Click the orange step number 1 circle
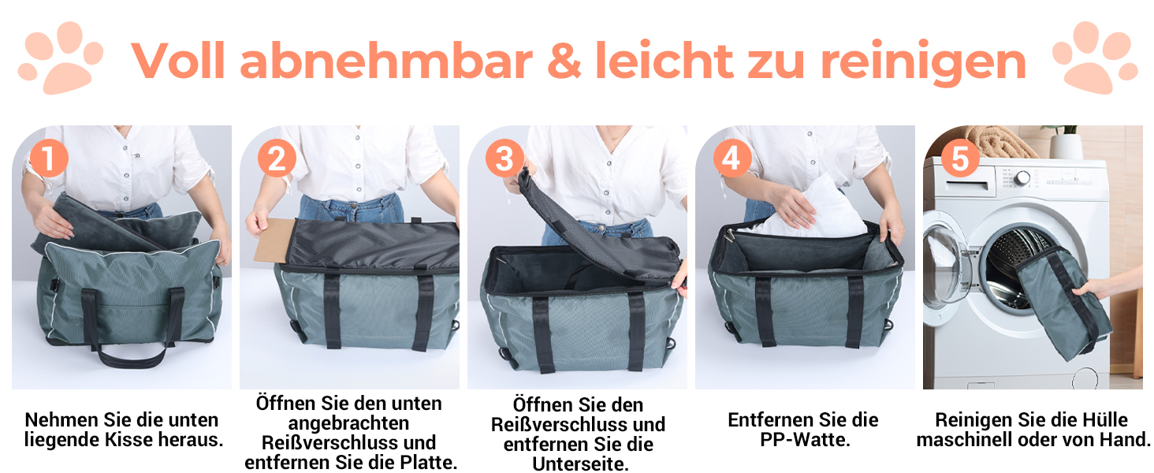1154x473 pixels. (49, 158)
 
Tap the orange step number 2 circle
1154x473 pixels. (277, 158)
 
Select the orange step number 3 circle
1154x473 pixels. (504, 158)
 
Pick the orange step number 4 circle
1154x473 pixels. (732, 158)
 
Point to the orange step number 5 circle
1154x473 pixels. (960, 158)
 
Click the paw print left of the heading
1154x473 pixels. (61, 58)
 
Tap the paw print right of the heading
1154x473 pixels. (1095, 58)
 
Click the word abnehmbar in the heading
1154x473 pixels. (386, 61)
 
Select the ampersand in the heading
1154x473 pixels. (564, 61)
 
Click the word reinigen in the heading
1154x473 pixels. (923, 63)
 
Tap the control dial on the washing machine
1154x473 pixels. (1022, 178)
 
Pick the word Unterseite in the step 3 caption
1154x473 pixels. (581, 464)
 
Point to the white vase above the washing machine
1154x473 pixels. (1067, 147)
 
